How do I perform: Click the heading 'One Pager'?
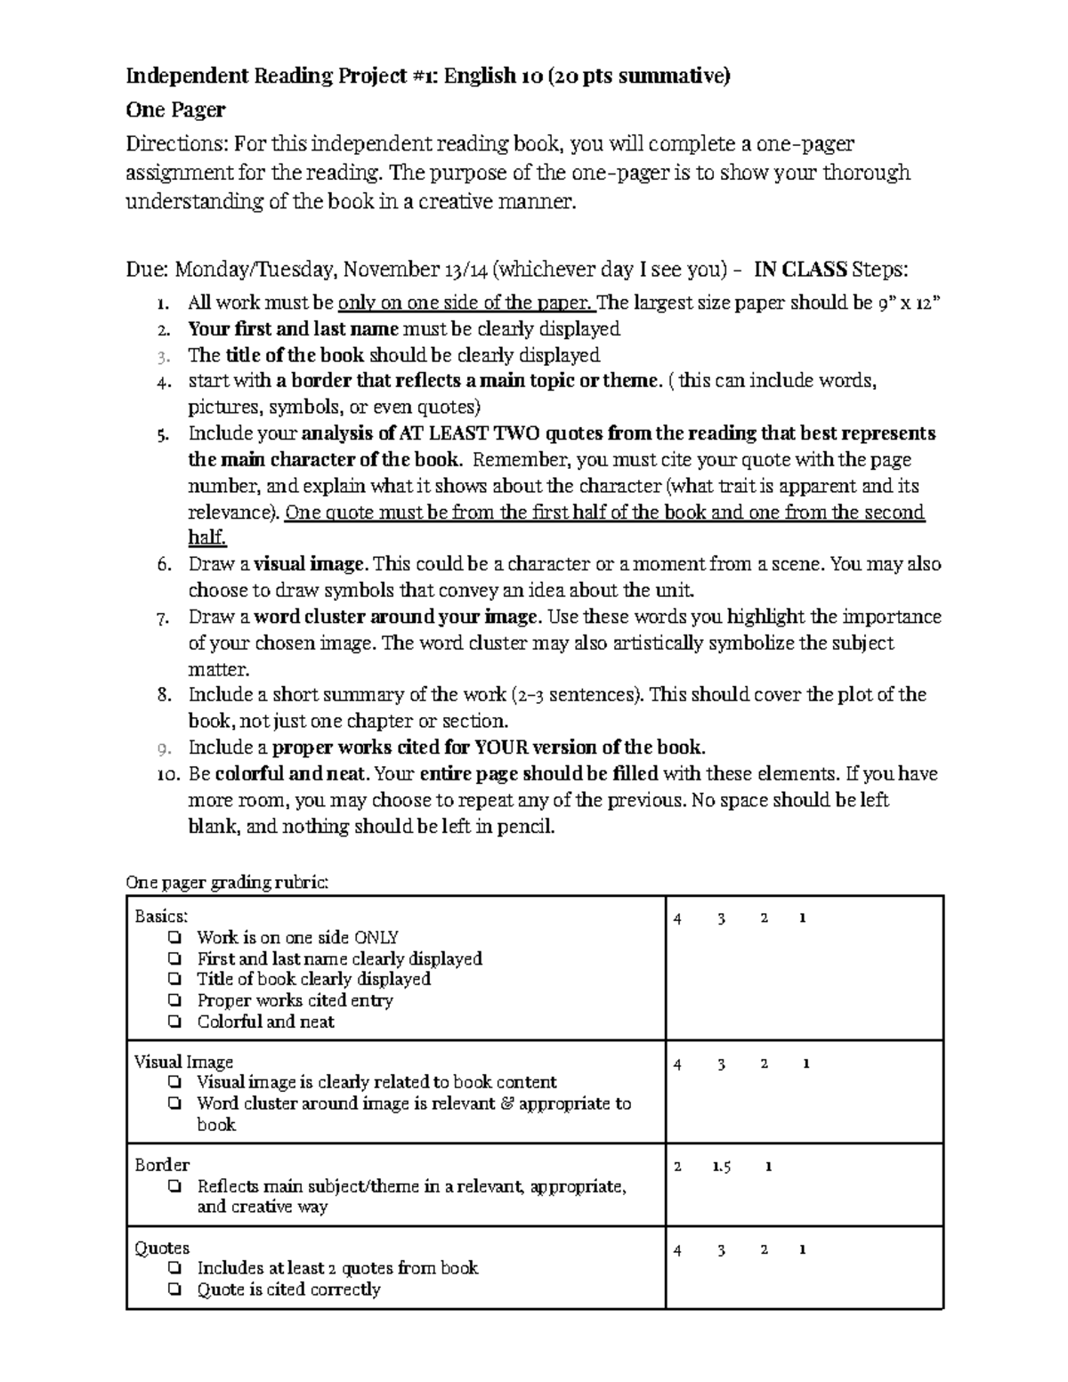175,110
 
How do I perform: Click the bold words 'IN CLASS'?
800,270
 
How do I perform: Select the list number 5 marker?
162,435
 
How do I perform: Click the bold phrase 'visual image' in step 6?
310,564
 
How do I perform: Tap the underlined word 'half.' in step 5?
207,538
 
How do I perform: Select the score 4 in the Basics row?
678,918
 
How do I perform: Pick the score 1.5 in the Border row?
722,1167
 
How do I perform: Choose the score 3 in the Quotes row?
721,1250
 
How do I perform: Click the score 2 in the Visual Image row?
765,1063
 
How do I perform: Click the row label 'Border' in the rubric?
162,1165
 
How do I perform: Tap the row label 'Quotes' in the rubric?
162,1249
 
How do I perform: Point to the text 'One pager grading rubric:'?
228,883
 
